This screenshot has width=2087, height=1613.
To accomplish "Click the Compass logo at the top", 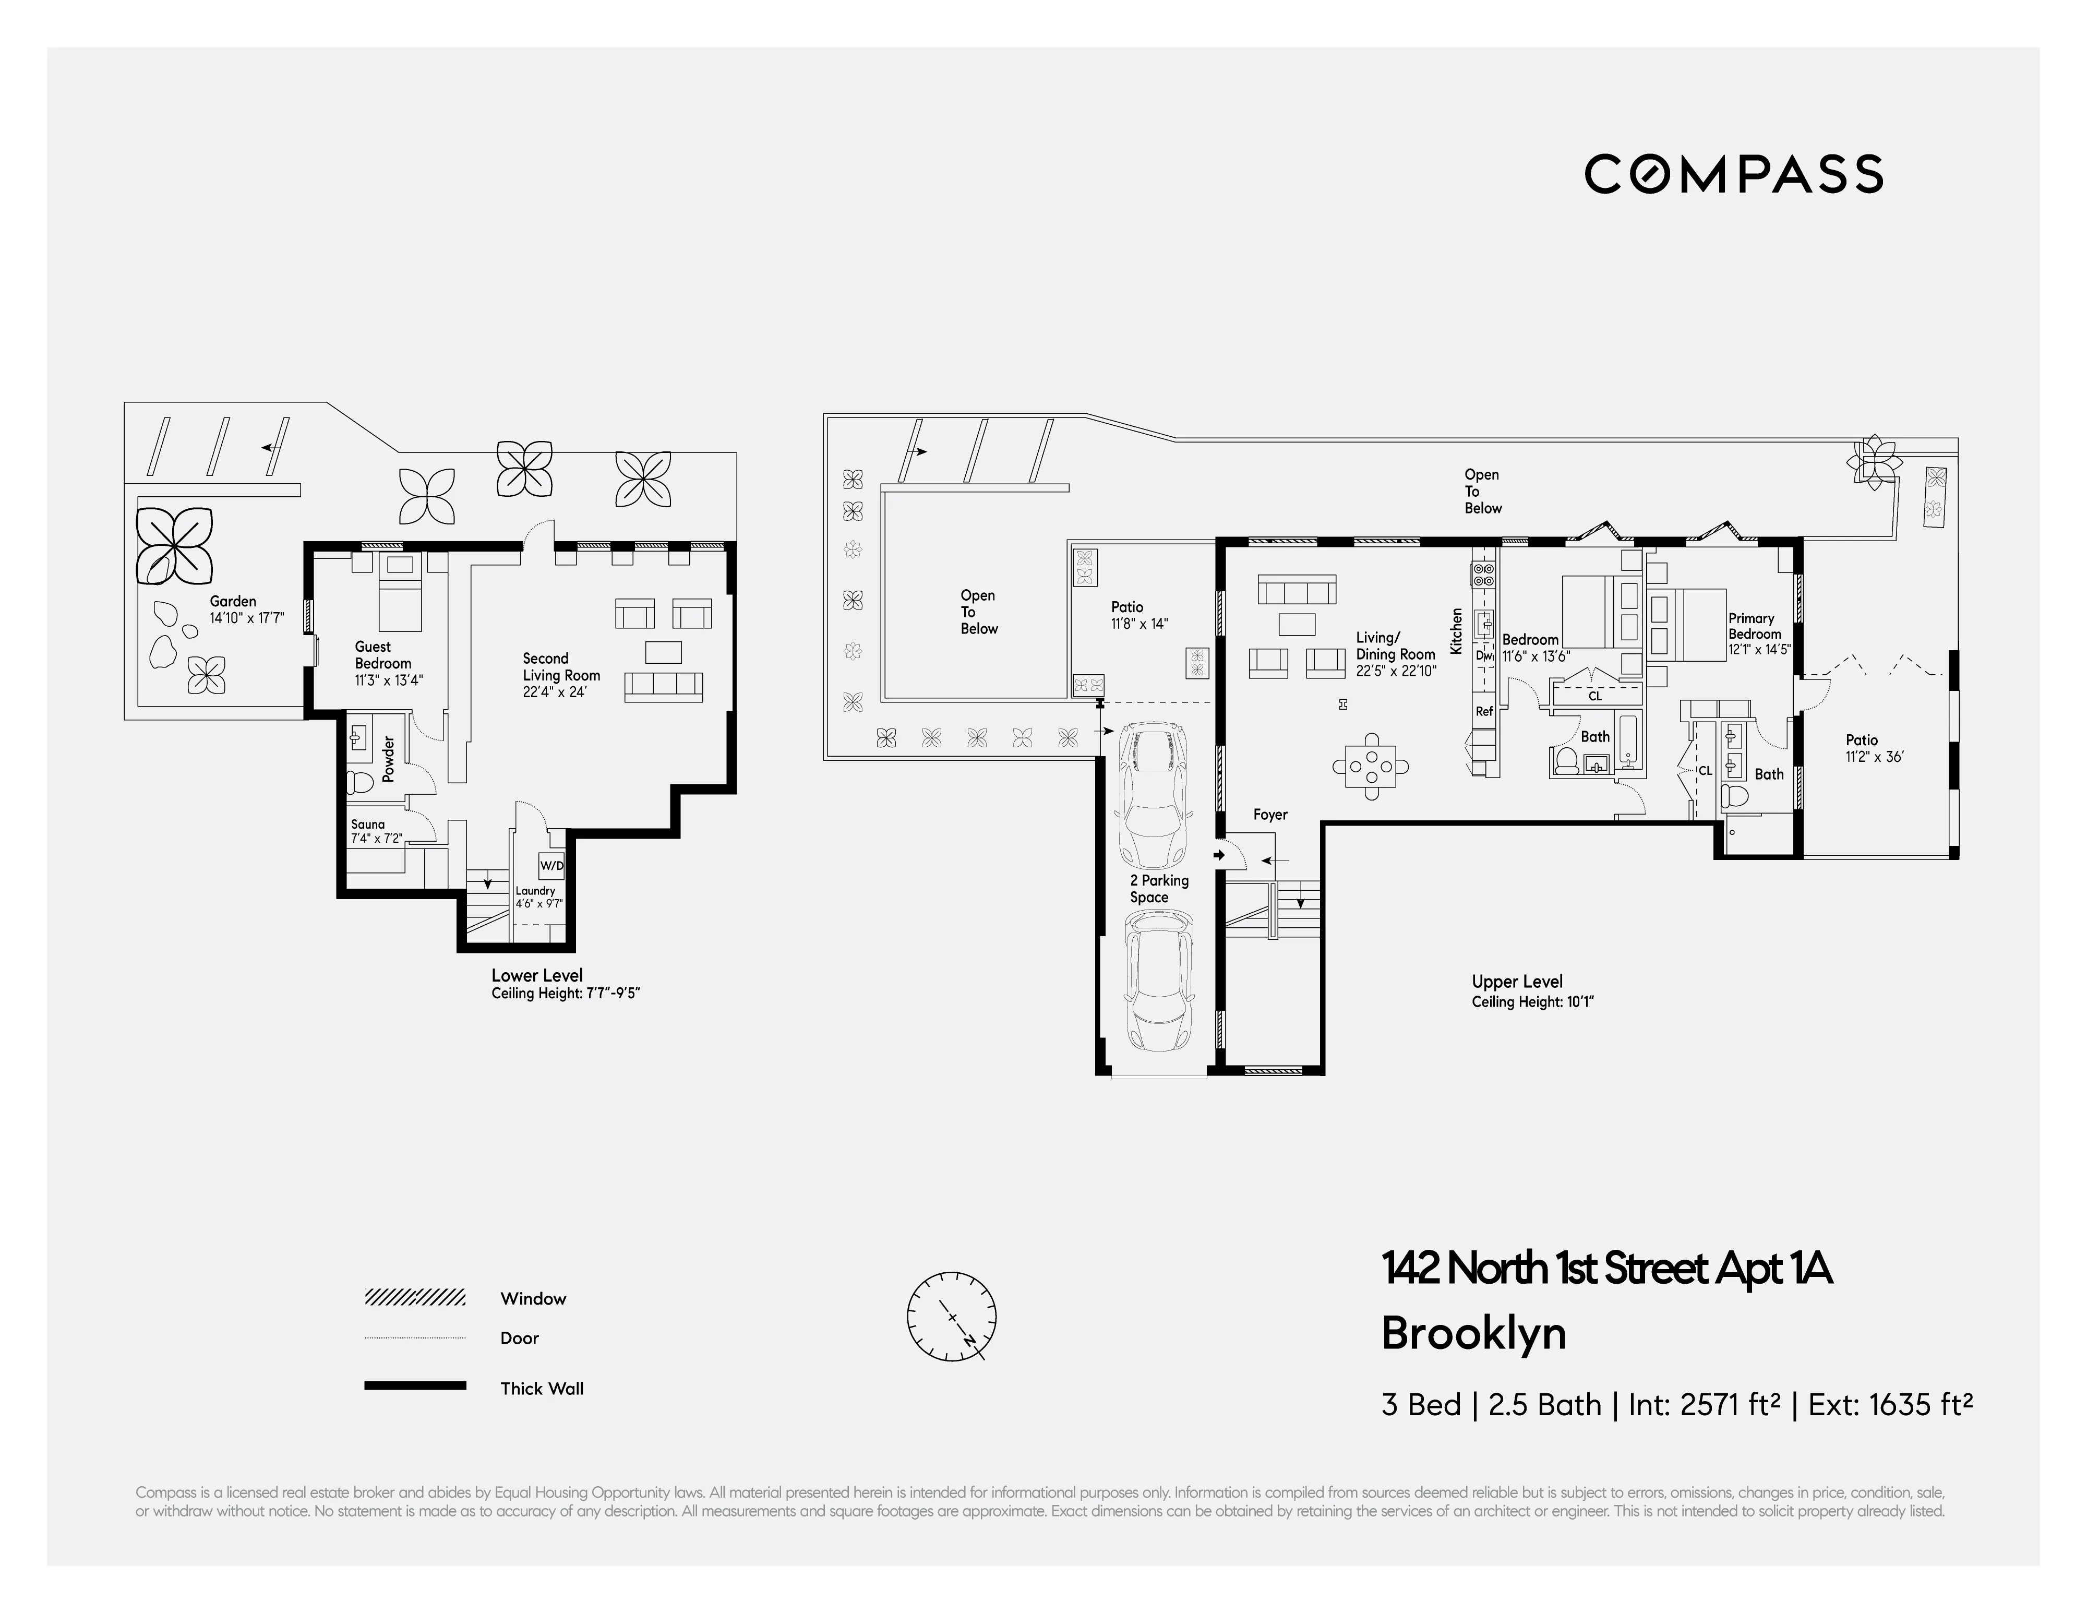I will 1733,174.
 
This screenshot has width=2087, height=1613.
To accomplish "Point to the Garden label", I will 233,601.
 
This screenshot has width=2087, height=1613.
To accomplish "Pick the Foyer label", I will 1270,814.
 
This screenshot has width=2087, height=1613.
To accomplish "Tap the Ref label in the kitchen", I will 1484,711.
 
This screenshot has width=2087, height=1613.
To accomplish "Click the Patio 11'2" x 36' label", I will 1862,739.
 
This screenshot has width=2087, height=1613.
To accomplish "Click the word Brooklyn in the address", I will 1473,1333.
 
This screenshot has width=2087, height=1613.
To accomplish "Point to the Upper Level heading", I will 1517,982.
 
